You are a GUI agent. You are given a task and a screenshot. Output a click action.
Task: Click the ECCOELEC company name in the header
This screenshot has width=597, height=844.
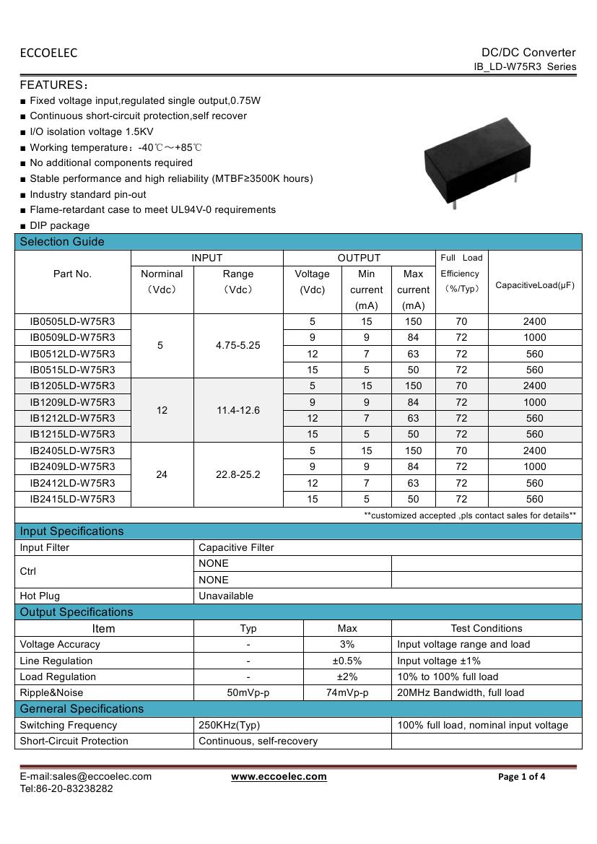pos(48,53)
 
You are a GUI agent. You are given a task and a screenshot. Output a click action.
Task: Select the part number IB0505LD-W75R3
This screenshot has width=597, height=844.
pos(72,321)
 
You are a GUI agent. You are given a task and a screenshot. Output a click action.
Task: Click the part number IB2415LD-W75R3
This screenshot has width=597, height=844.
pos(72,499)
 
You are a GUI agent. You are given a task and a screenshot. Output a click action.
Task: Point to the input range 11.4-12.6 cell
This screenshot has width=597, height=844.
pos(238,410)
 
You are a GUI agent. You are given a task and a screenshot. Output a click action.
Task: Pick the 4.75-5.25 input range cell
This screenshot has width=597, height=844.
pos(238,345)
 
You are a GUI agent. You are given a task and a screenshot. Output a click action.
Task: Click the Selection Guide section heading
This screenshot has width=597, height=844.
pos(62,242)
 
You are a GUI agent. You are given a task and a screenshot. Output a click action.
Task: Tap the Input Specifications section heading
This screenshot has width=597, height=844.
pos(71,531)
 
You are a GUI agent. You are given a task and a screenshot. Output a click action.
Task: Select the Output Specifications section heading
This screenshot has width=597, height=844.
pos(77,612)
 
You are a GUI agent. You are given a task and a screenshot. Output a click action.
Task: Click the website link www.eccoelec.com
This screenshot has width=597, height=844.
pos(279,777)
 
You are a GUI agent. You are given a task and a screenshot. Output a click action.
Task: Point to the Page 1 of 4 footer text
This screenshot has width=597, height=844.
pos(522,777)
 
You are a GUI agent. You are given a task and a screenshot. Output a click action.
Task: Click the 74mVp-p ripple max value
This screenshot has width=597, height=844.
pos(347,692)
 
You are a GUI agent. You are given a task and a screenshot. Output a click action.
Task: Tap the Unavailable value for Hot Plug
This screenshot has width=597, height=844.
pos(226,596)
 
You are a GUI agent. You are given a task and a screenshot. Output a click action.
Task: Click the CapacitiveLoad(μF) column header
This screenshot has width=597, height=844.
pos(535,285)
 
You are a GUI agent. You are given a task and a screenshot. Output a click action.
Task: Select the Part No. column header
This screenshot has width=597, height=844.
pos(72,274)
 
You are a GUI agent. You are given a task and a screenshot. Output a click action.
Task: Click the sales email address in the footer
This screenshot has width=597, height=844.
pos(85,776)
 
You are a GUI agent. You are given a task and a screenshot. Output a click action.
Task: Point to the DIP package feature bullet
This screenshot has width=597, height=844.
pos(59,225)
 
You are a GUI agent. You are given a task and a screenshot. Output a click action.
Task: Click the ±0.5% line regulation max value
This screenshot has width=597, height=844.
pos(347,661)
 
